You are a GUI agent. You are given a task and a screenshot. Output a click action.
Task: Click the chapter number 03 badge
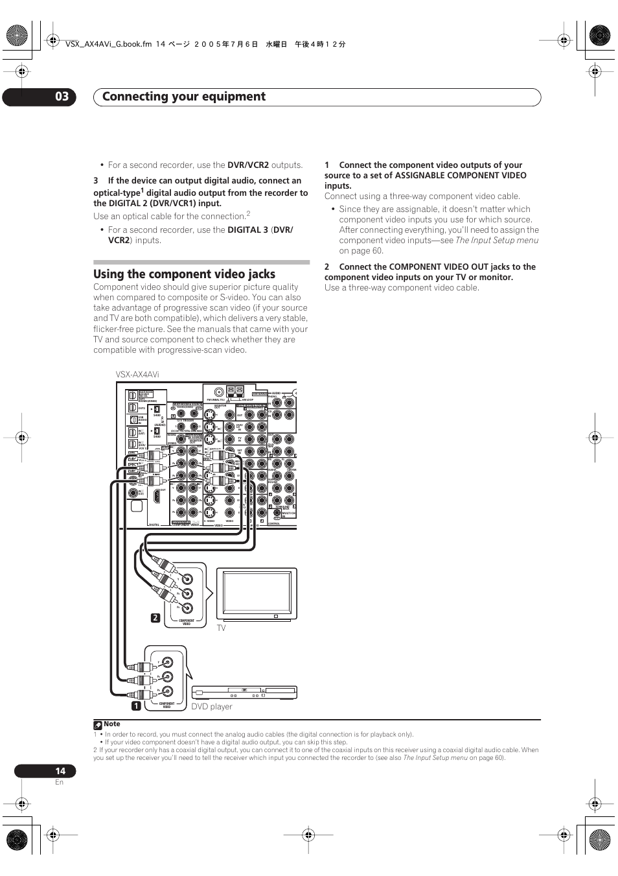tap(61, 97)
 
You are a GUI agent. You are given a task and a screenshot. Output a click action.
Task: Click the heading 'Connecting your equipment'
tap(184, 97)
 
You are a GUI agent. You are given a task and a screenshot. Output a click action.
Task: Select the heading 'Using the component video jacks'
tap(184, 274)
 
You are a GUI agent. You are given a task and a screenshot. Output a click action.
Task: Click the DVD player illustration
tap(244, 693)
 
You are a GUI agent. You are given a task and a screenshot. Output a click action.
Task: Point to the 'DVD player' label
tap(211, 707)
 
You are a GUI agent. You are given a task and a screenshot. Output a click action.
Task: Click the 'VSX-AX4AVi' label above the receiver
tap(137, 375)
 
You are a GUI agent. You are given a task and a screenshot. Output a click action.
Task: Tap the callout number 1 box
tap(137, 705)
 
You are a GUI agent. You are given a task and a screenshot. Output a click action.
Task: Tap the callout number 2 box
tap(155, 618)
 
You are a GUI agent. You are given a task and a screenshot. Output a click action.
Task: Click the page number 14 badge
tap(60, 771)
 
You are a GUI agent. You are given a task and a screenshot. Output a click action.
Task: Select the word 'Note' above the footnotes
tap(112, 724)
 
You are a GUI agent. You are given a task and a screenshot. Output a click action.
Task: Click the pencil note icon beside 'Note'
tap(98, 725)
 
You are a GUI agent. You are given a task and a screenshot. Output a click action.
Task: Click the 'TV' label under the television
tap(221, 628)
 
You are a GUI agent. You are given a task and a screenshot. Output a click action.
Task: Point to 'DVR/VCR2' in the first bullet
tap(248, 165)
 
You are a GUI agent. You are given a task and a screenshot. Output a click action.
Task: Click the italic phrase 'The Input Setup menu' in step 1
tap(497, 241)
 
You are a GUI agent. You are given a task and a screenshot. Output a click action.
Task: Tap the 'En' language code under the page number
tap(59, 783)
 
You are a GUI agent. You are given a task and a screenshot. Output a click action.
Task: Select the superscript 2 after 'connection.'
tap(248, 213)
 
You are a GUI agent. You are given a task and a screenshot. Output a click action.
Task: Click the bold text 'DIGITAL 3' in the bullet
tap(247, 230)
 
